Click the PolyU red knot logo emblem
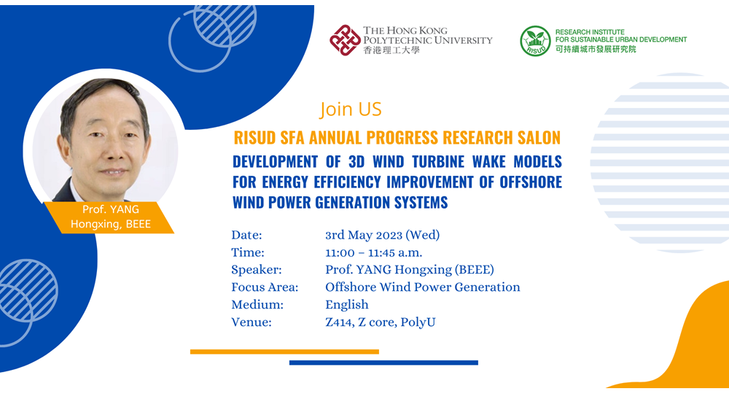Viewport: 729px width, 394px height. tap(345, 40)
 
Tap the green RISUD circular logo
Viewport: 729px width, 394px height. tap(535, 41)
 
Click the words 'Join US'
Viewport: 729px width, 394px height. tap(351, 109)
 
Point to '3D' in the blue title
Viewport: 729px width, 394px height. tap(356, 161)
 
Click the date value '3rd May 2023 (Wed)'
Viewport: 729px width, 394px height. tap(382, 235)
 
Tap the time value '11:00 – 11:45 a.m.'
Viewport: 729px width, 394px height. tap(373, 252)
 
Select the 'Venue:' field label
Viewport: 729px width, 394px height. tap(251, 322)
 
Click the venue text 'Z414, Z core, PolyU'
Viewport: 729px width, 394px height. tap(381, 322)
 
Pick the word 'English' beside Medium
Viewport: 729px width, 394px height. tap(347, 305)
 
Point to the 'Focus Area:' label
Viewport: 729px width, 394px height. tap(265, 287)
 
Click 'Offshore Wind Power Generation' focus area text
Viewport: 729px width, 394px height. tap(423, 287)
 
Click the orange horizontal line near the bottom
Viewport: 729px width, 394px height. tap(284, 352)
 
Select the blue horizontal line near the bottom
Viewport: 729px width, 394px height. tap(383, 363)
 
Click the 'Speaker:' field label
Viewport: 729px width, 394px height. tap(256, 270)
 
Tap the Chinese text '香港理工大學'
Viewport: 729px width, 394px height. tap(391, 50)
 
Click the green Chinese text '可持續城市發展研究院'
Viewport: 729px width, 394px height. tap(596, 49)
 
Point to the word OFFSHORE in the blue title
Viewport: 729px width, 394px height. tap(531, 182)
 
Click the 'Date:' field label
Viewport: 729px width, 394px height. tap(246, 235)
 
